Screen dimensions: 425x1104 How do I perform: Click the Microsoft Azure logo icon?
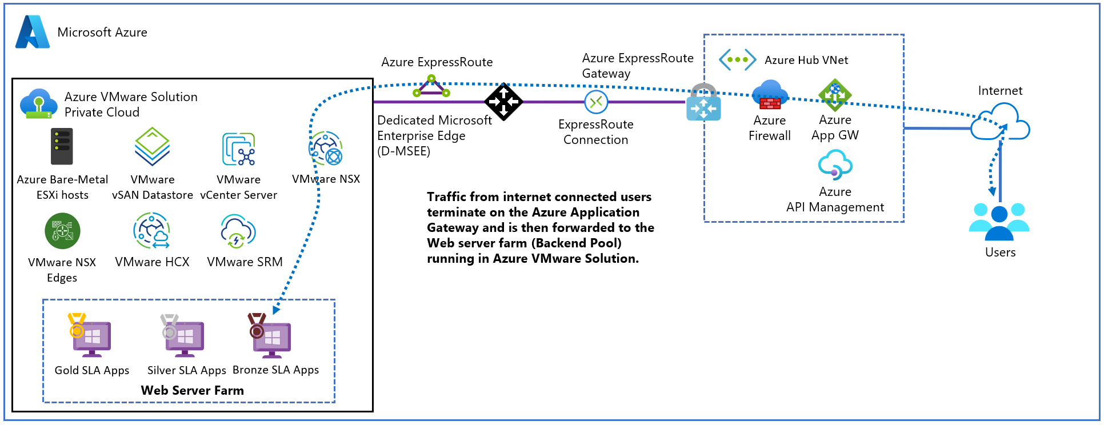pos(33,32)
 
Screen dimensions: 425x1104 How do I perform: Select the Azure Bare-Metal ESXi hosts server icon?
pos(62,146)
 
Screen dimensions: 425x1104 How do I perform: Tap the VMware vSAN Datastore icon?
pos(152,146)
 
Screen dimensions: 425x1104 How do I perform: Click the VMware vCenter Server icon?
pos(238,149)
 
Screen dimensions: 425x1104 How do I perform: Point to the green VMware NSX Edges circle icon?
pos(62,231)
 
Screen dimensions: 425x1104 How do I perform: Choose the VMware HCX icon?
pos(152,231)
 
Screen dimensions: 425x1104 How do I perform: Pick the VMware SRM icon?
pos(238,231)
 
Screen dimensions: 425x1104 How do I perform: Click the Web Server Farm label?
pos(192,391)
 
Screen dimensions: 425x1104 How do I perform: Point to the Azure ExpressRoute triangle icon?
pos(431,88)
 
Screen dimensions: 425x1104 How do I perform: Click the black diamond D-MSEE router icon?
pos(503,102)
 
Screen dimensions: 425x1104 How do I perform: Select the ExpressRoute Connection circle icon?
pos(596,102)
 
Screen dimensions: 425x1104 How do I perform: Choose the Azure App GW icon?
pos(835,95)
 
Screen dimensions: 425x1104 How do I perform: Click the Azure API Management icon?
pos(835,166)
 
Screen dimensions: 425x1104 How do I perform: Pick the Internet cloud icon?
pos(1000,122)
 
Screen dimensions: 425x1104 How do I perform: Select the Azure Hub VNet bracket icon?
pos(737,59)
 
